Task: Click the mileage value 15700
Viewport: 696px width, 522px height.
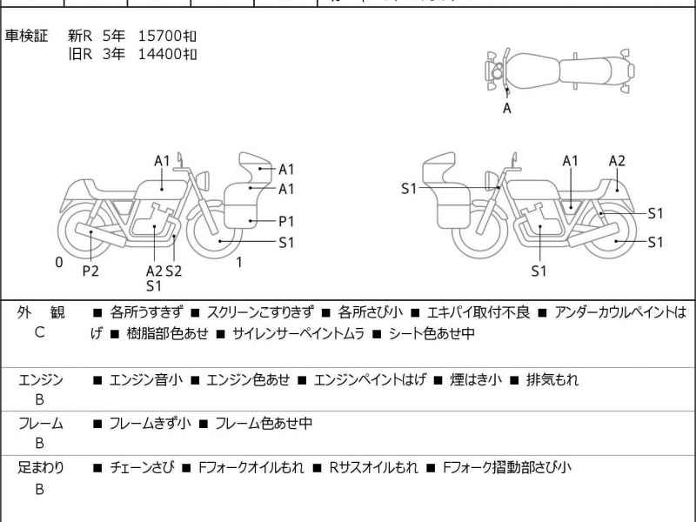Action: click(x=160, y=37)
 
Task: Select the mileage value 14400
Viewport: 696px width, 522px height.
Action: click(x=160, y=54)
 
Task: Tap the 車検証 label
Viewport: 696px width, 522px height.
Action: click(x=26, y=37)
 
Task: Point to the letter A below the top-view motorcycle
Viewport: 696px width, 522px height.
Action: click(x=507, y=109)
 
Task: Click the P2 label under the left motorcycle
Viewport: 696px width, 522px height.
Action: click(x=90, y=271)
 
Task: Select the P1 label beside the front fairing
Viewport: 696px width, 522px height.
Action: click(x=286, y=221)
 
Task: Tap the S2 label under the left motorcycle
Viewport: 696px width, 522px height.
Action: click(x=173, y=271)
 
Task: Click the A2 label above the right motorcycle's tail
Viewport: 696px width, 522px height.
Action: click(x=617, y=161)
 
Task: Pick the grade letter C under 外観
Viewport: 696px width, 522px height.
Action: click(x=39, y=332)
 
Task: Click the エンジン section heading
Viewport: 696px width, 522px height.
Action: click(x=40, y=379)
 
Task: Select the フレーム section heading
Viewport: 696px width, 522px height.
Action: click(x=40, y=424)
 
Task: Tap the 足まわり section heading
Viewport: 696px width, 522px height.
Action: click(x=40, y=467)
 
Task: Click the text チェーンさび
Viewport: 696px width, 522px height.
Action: click(x=141, y=467)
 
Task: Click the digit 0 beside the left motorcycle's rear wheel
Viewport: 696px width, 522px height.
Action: click(x=58, y=262)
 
